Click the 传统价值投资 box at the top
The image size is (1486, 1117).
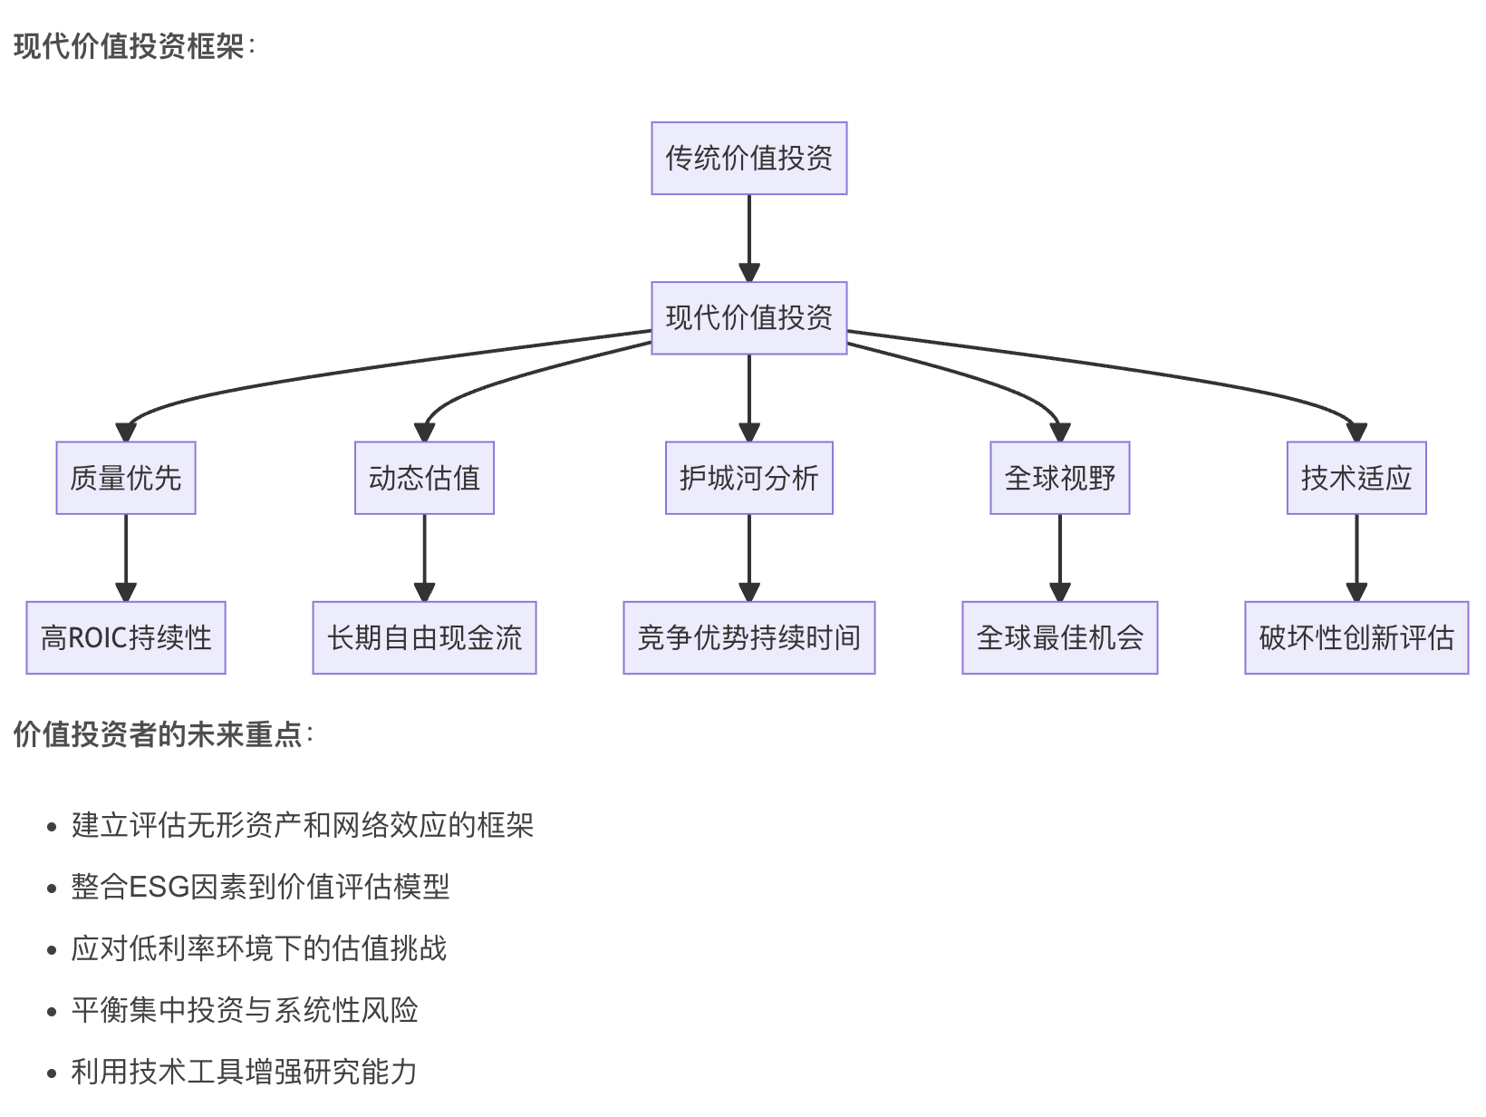tap(748, 159)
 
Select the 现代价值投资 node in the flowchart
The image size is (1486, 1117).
tap(748, 318)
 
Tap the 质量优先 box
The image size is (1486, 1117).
tap(126, 478)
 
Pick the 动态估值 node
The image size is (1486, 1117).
tap(424, 478)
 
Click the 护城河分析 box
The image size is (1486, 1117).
tap(748, 478)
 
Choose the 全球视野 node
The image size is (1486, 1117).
tap(1059, 478)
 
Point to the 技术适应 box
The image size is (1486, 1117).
tap(1356, 478)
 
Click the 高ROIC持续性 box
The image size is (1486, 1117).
tap(126, 637)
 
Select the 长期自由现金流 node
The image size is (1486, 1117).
tap(424, 637)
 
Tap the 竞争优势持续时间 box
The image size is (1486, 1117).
tap(748, 637)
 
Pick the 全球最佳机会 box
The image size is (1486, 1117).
tap(1059, 637)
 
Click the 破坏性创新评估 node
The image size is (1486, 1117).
tap(1356, 637)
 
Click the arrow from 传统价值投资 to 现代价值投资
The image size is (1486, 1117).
tap(749, 236)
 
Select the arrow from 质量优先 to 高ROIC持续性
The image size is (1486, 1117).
tap(126, 555)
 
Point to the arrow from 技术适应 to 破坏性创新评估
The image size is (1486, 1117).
tap(1356, 555)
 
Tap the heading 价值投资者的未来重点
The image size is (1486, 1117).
tap(159, 734)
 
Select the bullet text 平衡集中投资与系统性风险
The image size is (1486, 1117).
tap(245, 1010)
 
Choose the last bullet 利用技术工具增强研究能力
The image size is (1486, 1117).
tap(245, 1072)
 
